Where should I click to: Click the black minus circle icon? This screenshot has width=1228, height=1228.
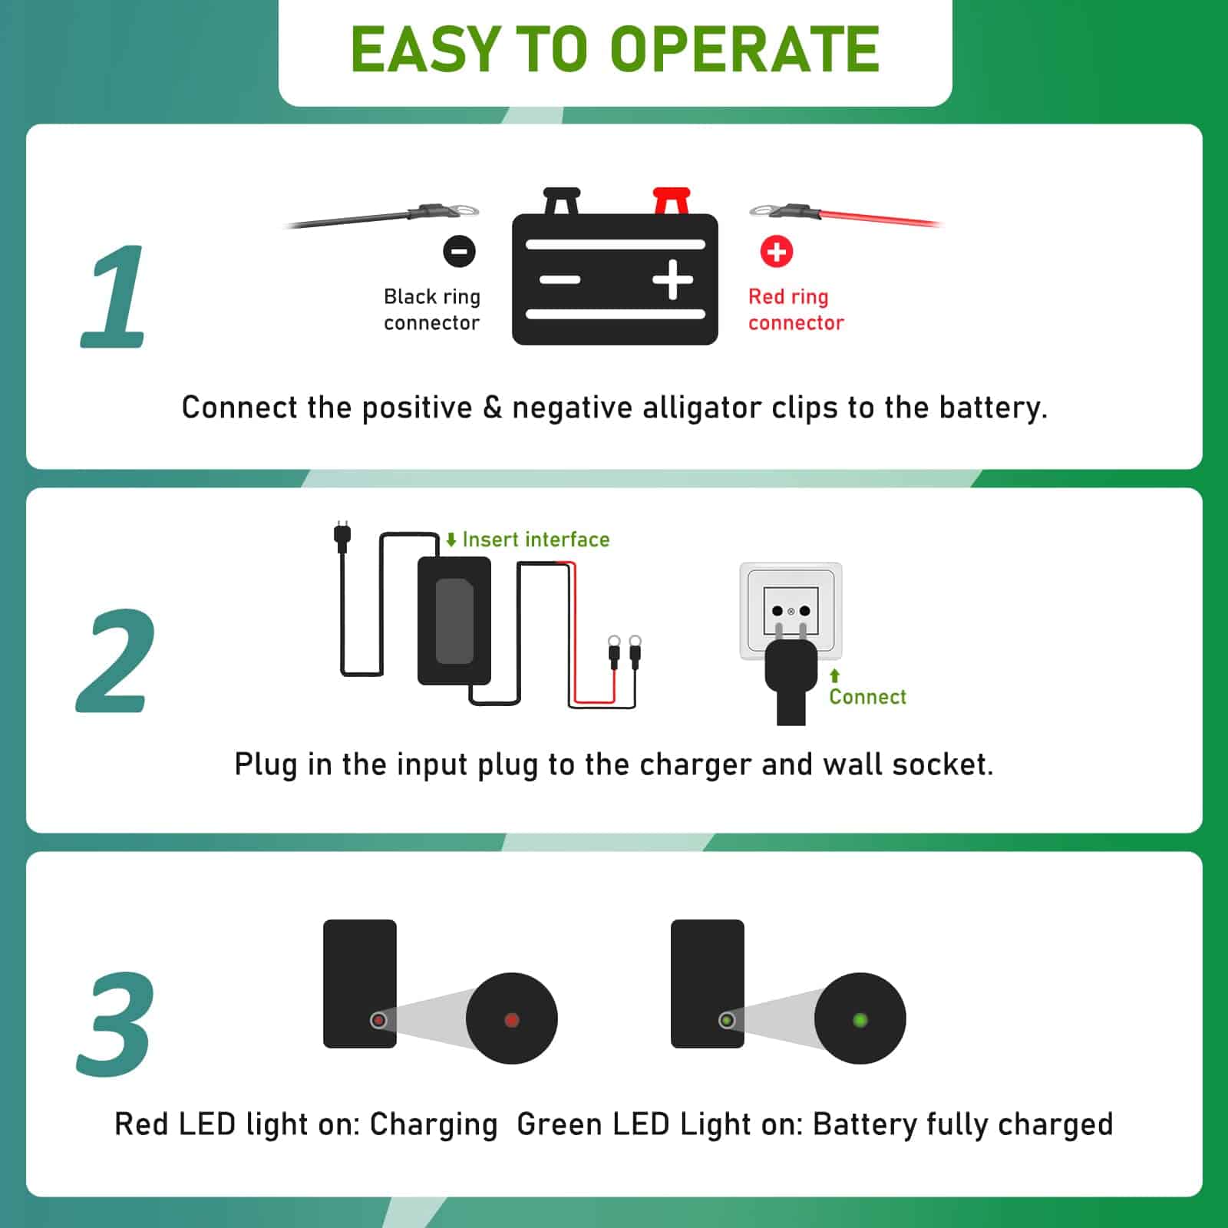(459, 251)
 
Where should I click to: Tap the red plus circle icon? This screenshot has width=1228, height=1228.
(776, 251)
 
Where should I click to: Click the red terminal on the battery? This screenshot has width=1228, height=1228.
(672, 201)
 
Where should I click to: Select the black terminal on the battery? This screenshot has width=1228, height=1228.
(562, 201)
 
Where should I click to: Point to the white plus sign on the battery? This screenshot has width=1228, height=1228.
(673, 279)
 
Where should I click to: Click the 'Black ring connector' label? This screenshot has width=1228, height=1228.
(432, 309)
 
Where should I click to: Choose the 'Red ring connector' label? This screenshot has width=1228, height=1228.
(796, 309)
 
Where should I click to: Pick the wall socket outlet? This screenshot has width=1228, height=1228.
(791, 610)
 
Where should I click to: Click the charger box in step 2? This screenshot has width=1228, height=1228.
(454, 621)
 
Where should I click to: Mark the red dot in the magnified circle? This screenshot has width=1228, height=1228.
(512, 1020)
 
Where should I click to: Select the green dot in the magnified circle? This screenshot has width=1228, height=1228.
(860, 1020)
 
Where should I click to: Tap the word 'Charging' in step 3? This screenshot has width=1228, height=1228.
(434, 1125)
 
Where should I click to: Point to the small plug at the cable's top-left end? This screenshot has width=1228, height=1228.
(342, 536)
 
